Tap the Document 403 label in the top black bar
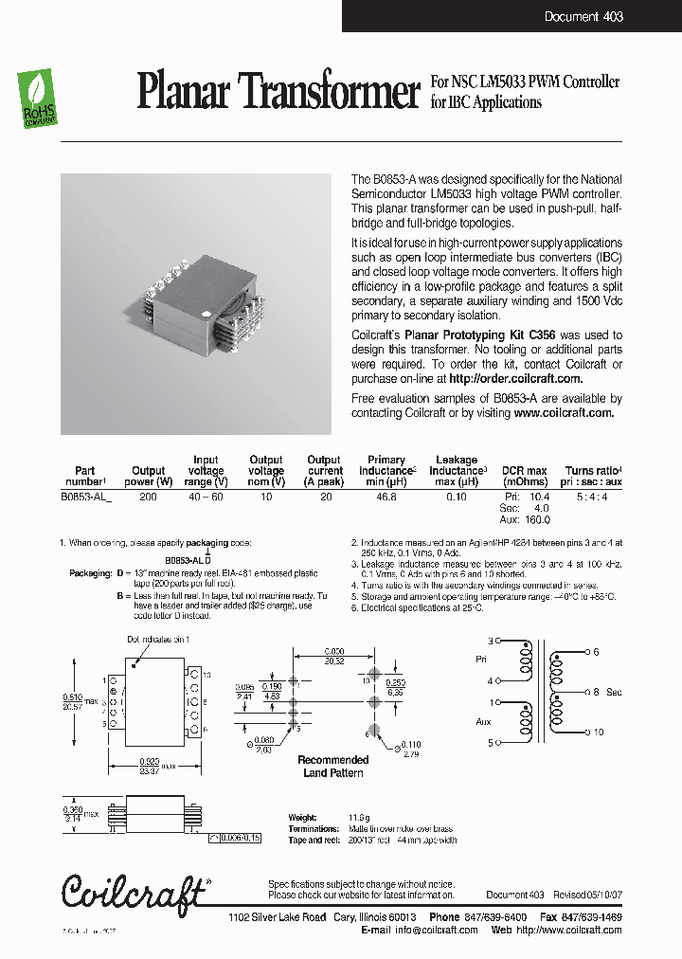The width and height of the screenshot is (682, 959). [583, 17]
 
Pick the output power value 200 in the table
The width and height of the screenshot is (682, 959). [148, 497]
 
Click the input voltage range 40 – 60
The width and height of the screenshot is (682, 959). [206, 497]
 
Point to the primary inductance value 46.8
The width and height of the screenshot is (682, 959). [386, 497]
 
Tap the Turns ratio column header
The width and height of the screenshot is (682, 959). [593, 471]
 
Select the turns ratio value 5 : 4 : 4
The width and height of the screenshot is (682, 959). [593, 497]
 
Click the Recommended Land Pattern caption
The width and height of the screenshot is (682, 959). [333, 767]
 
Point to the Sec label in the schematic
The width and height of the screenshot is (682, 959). [614, 693]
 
